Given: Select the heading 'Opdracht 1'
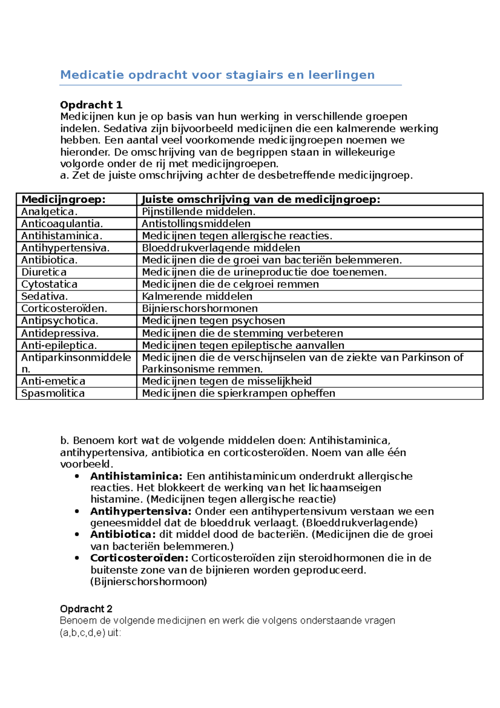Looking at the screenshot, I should (x=91, y=105).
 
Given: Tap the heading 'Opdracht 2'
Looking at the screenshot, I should (x=86, y=609).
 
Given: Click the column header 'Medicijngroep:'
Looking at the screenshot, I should (x=63, y=199).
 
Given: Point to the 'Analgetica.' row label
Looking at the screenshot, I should (x=49, y=211).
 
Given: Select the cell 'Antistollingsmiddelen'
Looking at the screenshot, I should (x=196, y=223).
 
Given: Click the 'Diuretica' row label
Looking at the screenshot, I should (x=44, y=272).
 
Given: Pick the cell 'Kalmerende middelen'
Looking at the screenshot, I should (x=197, y=296).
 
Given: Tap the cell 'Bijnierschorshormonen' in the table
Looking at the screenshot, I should (x=200, y=309).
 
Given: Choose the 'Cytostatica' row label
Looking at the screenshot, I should (x=49, y=284).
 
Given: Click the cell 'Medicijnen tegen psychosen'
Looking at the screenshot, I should (x=213, y=321).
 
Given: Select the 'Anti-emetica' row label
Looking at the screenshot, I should (x=53, y=381).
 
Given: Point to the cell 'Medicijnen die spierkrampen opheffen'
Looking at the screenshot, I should (x=238, y=393).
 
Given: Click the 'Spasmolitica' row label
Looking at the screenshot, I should (x=52, y=393).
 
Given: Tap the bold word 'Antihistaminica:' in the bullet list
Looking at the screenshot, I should (x=136, y=476).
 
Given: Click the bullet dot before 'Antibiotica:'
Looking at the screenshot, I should (x=77, y=535).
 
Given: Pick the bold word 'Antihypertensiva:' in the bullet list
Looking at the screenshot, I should (x=140, y=511).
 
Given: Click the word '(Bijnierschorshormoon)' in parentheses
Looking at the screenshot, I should (x=148, y=581).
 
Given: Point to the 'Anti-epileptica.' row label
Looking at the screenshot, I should (x=59, y=345).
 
